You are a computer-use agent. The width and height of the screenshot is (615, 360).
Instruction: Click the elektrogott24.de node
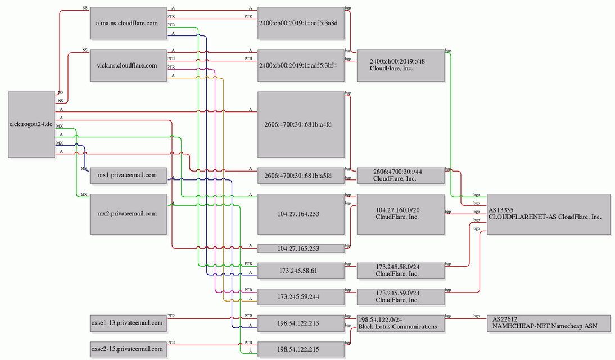click(x=31, y=124)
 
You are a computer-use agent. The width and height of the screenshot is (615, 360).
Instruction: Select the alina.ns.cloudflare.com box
click(x=128, y=23)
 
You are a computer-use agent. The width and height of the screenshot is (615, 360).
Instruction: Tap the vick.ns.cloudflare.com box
click(x=128, y=66)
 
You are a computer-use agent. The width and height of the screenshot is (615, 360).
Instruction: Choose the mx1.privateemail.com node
click(x=128, y=175)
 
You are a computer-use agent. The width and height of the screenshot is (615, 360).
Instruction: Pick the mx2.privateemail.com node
click(x=128, y=214)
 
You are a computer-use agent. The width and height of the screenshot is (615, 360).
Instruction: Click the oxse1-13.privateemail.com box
click(x=128, y=323)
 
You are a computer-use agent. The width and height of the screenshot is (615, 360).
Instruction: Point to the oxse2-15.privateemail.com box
click(x=128, y=349)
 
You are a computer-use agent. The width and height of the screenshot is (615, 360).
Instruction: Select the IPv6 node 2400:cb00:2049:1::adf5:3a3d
click(x=301, y=23)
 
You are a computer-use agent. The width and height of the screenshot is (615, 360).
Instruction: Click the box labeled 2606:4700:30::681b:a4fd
click(x=301, y=124)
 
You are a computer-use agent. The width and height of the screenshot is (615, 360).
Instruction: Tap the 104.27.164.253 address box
click(x=301, y=214)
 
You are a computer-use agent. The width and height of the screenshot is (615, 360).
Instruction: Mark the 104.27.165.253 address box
click(x=301, y=249)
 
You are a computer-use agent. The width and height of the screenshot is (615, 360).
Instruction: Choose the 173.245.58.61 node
click(x=301, y=271)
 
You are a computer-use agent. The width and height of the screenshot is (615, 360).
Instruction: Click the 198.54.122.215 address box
click(x=301, y=349)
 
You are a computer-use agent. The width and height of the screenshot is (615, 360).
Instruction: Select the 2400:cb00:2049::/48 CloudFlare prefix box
click(x=400, y=66)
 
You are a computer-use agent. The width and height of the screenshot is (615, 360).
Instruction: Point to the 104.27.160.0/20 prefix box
click(x=400, y=214)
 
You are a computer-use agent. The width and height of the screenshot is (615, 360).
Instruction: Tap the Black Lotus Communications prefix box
click(x=400, y=323)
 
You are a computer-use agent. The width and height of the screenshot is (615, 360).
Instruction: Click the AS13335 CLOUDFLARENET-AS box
click(x=549, y=214)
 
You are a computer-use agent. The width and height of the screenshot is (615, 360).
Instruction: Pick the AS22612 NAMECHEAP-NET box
click(x=549, y=323)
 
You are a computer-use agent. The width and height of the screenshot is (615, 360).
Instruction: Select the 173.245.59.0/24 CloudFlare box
click(x=400, y=297)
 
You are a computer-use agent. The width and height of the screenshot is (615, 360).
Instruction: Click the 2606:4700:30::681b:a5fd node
click(x=301, y=175)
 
